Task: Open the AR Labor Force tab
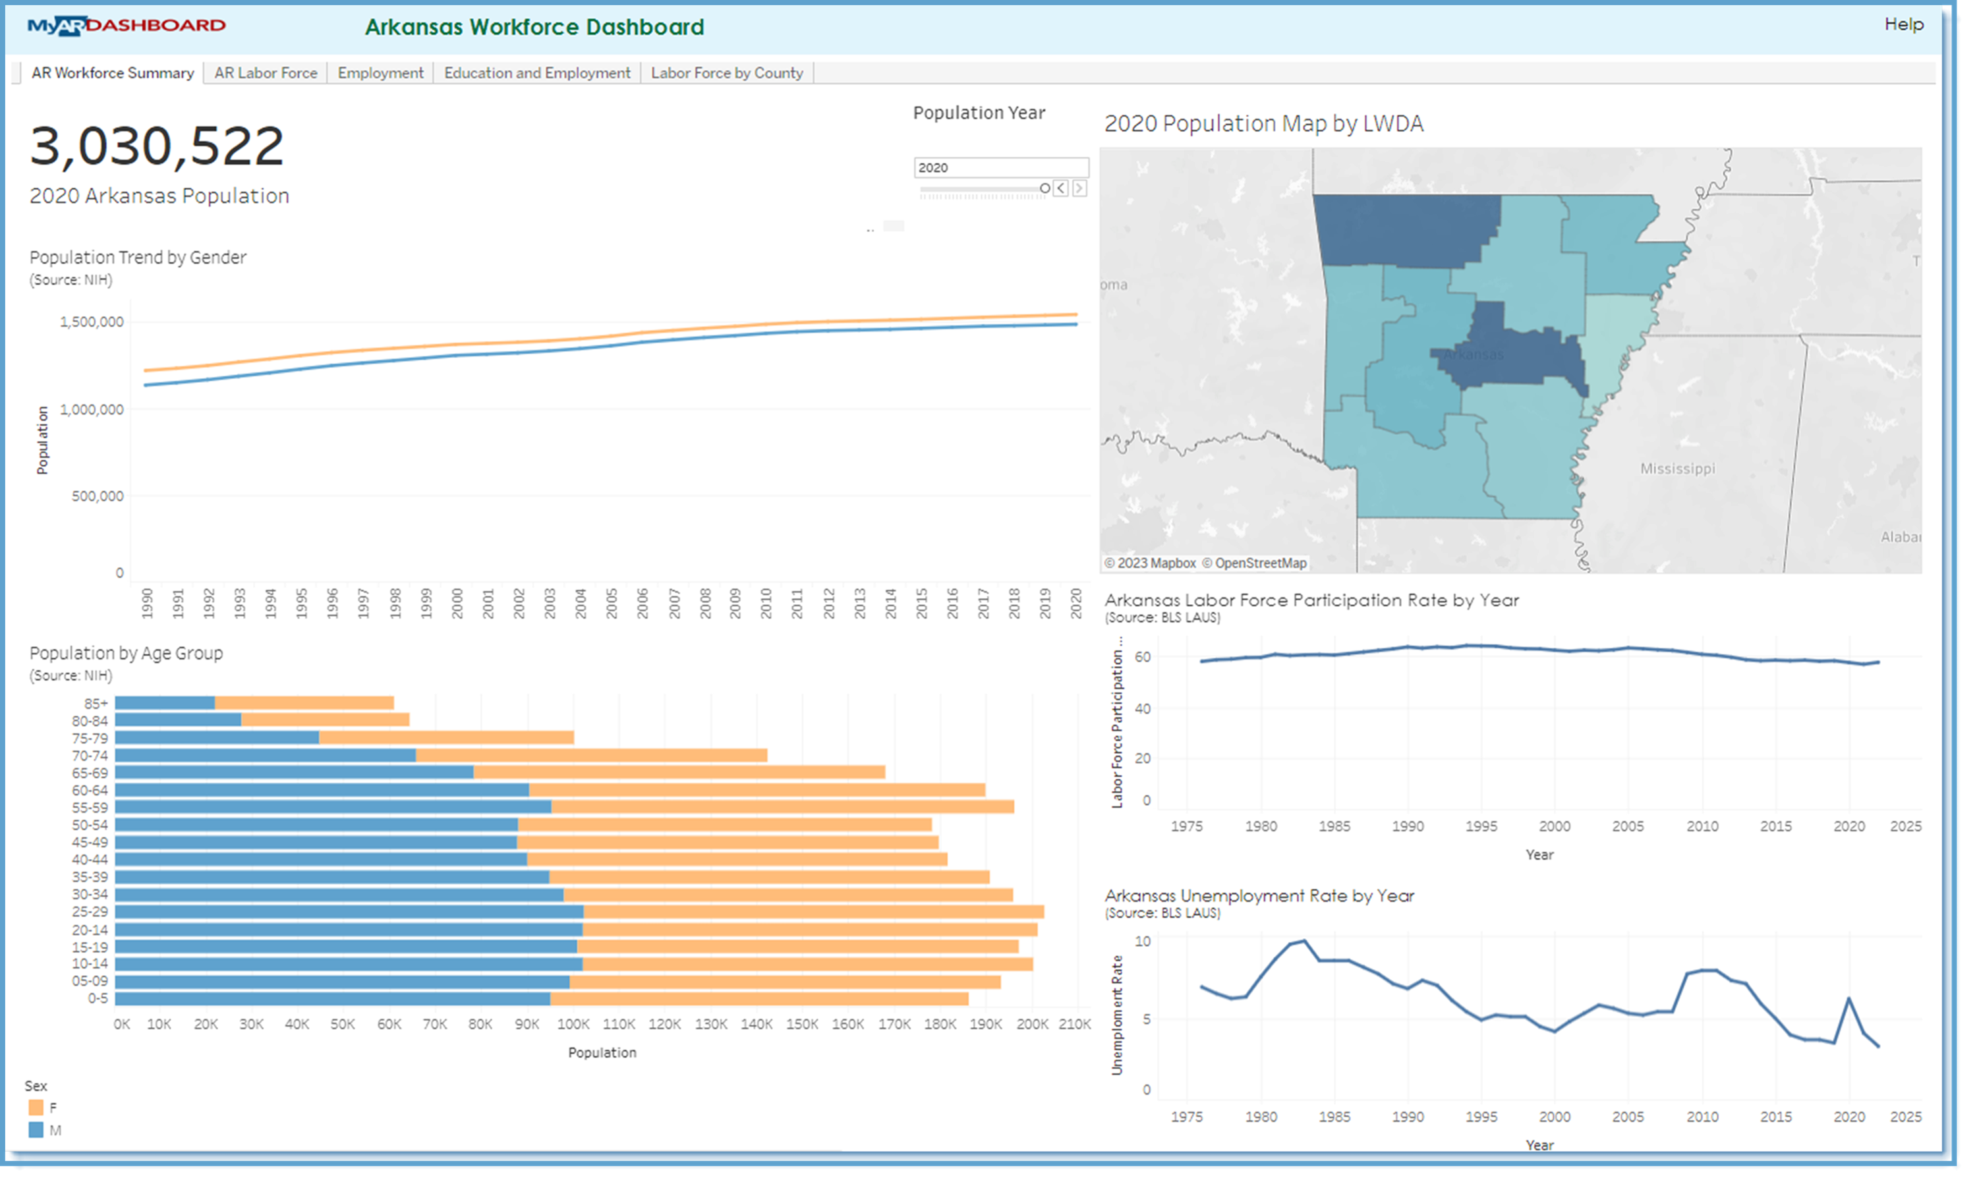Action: (266, 72)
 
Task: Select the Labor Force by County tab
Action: (726, 72)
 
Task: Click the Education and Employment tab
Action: (537, 72)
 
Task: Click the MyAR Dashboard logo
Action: (127, 26)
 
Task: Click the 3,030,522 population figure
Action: (157, 146)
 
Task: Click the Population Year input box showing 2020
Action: (1000, 167)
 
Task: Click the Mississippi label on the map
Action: (1676, 468)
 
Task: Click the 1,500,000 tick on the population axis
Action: (92, 322)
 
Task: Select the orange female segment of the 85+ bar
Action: (304, 703)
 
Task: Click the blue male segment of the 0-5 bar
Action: (331, 998)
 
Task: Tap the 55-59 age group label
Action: (90, 807)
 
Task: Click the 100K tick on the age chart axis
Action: (573, 1024)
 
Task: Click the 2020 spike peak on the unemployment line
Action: (1848, 998)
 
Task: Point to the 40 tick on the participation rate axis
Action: (1142, 708)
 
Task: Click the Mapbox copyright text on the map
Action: (1150, 563)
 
